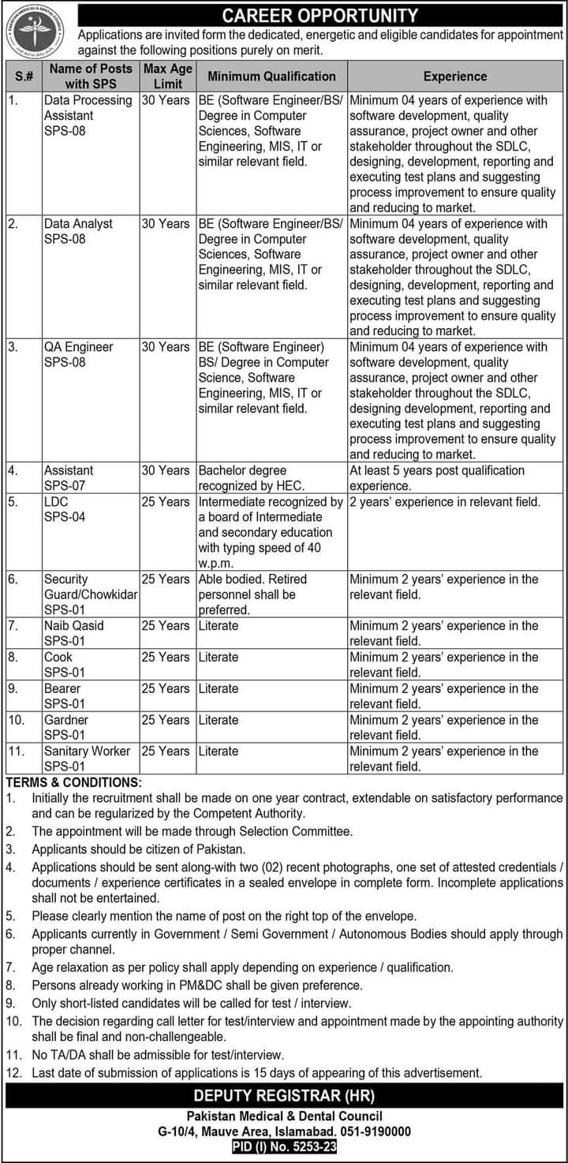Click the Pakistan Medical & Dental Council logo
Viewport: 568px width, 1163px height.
tap(35, 31)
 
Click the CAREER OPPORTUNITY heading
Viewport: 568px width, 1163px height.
tap(319, 15)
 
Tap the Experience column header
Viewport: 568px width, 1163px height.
tap(454, 76)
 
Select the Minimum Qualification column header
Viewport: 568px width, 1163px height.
tap(271, 76)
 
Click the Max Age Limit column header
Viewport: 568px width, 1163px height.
tap(168, 76)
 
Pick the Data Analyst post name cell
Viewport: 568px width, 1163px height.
tap(78, 231)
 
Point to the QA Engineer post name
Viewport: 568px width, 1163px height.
tap(78, 347)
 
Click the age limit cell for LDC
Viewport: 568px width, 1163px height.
tap(166, 501)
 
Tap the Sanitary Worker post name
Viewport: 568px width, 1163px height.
tap(87, 751)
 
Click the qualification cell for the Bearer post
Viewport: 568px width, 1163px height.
tap(219, 688)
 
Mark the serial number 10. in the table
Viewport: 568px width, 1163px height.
tap(16, 720)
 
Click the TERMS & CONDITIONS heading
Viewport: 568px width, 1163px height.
tap(73, 782)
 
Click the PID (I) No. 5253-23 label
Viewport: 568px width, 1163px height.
tap(285, 1147)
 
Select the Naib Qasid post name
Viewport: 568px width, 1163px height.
tap(73, 625)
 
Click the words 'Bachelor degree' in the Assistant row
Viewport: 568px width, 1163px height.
tap(242, 471)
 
